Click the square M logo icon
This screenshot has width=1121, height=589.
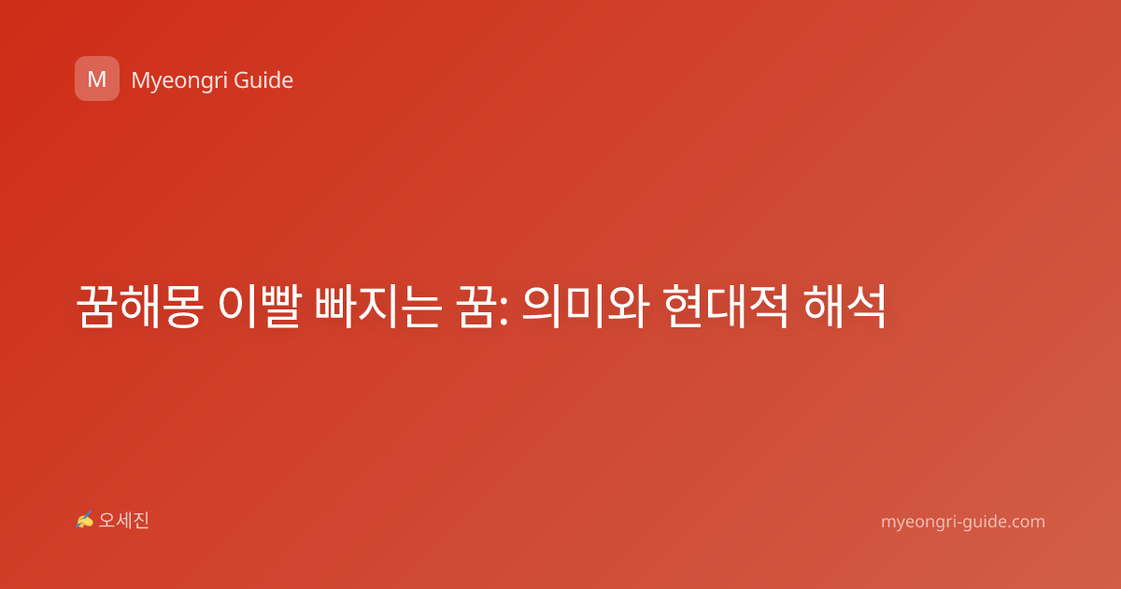pos(97,79)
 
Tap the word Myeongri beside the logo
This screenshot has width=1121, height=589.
pos(178,81)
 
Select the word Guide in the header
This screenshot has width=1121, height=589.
pos(263,80)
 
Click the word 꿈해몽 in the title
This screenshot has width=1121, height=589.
pos(140,306)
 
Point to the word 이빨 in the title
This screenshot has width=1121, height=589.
pos(260,306)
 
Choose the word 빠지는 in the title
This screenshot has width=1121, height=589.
pos(379,306)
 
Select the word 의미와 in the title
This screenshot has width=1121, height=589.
pos(586,306)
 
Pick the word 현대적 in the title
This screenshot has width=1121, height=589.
pos(727,306)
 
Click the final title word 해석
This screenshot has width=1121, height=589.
pos(845,306)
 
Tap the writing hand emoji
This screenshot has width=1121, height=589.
pos(84,520)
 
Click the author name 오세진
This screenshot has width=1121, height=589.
pos(123,521)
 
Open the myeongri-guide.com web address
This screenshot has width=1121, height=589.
pos(963,522)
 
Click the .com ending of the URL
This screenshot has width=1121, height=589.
pos(1024,522)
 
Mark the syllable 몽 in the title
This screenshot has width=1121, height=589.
pos(183,306)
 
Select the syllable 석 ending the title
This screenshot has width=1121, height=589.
pos(867,306)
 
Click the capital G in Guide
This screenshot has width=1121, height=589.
pos(241,80)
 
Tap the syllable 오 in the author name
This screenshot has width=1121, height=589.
pos(106,521)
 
